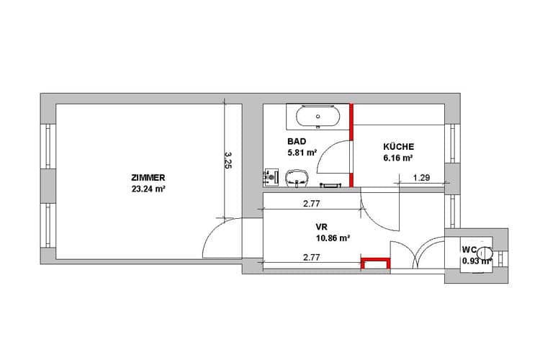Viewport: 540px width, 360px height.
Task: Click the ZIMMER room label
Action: click(x=148, y=178)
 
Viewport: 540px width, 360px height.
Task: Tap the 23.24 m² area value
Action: click(x=148, y=189)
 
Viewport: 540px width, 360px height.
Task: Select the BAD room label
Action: click(x=297, y=141)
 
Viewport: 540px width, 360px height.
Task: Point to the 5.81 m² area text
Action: click(x=302, y=152)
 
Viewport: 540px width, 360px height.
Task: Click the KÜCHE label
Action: click(x=398, y=146)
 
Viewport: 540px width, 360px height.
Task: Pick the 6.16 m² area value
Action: click(x=398, y=158)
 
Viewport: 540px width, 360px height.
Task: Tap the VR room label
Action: click(x=321, y=227)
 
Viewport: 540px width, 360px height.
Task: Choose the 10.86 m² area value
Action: click(x=333, y=238)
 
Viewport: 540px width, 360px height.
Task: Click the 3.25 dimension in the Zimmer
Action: click(x=228, y=160)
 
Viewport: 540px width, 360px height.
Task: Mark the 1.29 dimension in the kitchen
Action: click(x=421, y=178)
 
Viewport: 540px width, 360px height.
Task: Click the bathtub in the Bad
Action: click(x=318, y=117)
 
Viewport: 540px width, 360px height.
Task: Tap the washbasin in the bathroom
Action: click(x=297, y=178)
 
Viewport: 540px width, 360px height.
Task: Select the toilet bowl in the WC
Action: click(x=486, y=253)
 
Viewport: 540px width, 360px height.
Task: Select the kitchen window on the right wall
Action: click(x=452, y=143)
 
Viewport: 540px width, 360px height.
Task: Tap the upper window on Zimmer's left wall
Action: click(x=48, y=146)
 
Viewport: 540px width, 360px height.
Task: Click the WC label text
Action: click(x=469, y=249)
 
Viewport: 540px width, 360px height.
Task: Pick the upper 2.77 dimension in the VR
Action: click(x=311, y=204)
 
